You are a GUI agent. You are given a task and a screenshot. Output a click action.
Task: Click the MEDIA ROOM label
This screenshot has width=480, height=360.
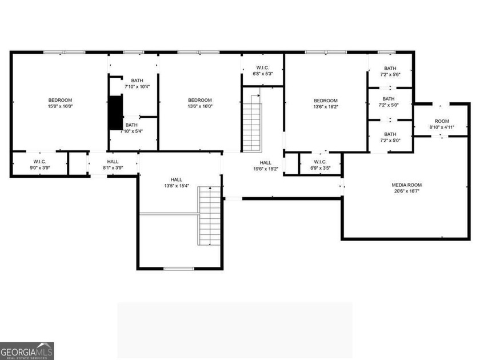point(406,185)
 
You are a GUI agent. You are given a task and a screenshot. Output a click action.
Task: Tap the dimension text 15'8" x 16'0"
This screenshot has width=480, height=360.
point(61,106)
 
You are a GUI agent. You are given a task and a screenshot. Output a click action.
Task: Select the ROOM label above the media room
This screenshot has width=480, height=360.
point(442,121)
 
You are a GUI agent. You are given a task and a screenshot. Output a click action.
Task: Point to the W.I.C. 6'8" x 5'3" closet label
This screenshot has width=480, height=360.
point(263,71)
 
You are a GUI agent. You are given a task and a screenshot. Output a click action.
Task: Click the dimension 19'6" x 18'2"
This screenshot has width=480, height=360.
point(266,169)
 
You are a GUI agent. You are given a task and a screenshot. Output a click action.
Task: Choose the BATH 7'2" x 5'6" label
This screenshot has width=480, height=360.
point(390,71)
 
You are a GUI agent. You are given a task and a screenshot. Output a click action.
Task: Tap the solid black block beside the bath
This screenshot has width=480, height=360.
point(115,113)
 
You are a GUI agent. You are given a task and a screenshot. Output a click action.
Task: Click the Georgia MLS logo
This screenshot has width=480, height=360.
point(27,351)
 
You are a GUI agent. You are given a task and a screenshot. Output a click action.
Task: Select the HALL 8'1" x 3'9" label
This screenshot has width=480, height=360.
point(113,165)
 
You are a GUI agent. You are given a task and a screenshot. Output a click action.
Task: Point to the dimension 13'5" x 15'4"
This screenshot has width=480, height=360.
point(177,186)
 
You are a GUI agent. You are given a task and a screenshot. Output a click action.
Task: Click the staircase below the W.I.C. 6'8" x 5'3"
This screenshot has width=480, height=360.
point(252,123)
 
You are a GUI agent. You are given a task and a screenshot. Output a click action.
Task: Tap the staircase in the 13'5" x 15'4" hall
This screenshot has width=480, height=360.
point(210,216)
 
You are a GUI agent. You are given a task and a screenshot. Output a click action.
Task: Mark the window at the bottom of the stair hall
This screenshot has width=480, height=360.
point(179,269)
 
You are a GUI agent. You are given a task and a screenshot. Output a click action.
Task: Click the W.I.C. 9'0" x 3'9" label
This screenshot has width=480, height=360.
point(40,165)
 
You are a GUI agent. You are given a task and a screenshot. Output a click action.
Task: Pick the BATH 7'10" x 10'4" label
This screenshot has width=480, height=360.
point(137,83)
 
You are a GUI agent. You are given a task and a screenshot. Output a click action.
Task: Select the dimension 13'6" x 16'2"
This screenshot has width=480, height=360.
point(326,107)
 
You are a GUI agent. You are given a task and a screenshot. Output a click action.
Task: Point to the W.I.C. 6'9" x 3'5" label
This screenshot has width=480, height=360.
point(320,165)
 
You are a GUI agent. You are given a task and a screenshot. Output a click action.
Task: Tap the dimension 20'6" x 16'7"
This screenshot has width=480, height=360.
point(406,191)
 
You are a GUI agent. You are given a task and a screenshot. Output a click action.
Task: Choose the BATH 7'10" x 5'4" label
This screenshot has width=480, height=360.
point(131,128)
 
